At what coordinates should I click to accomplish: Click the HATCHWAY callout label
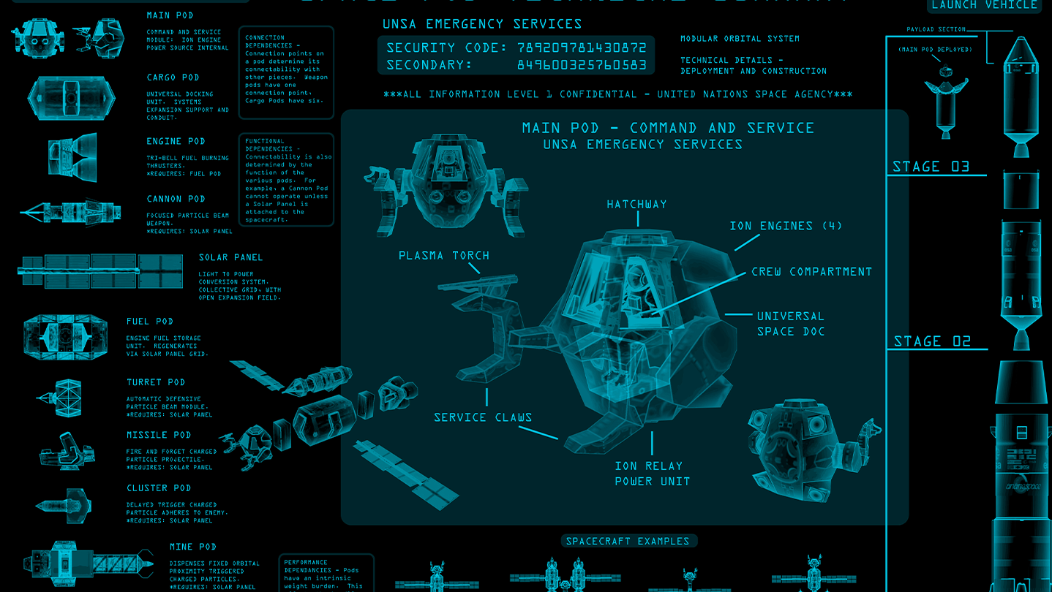(636, 205)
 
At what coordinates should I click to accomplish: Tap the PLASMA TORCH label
(444, 256)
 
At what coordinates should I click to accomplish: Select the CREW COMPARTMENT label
(811, 272)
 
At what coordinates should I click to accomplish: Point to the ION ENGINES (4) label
(786, 226)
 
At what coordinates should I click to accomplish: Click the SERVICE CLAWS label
(483, 417)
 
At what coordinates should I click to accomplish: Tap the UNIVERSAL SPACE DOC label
(790, 324)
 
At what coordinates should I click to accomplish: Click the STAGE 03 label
(931, 167)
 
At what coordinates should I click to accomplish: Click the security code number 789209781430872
(582, 48)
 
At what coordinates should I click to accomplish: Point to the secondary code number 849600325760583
(582, 65)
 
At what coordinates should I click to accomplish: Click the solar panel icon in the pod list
(100, 271)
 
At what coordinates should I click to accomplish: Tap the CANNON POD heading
(176, 199)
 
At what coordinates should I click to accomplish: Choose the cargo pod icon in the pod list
(71, 94)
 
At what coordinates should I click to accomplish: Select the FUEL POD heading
(150, 322)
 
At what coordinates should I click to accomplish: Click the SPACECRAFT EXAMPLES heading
(628, 542)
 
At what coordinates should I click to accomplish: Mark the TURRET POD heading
(156, 382)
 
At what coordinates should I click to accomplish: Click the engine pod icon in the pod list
(72, 153)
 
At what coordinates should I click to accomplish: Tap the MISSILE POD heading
(159, 435)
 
